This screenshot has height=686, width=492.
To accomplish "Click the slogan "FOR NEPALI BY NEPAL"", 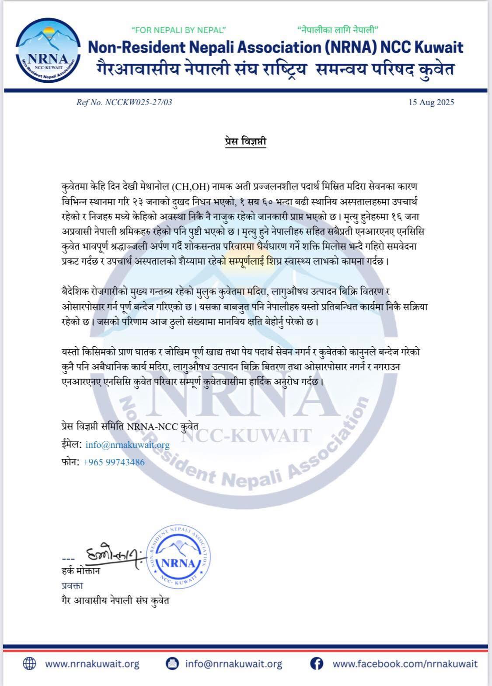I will point(178,30).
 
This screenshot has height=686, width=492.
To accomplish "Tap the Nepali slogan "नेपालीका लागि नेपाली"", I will point(337,30).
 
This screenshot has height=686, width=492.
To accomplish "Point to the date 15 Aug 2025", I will point(431,102).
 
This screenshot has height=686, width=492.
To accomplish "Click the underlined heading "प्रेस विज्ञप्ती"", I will point(243,142).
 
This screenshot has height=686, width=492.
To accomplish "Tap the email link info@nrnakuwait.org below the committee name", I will point(127,445).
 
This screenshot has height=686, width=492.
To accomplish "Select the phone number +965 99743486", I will point(113,462).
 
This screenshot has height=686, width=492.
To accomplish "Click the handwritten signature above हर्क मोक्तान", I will point(114,556).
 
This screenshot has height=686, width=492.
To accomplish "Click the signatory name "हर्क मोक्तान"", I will point(81,571).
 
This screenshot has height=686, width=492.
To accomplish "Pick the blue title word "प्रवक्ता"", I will point(72,585).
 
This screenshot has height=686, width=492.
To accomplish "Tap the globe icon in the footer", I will point(29,664).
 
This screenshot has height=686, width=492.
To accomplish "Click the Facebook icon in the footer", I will point(317,664).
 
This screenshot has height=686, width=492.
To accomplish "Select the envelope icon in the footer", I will point(172,664).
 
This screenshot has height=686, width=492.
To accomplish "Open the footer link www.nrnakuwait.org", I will point(92,664).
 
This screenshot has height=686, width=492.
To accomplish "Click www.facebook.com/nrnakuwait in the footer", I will point(405,664).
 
